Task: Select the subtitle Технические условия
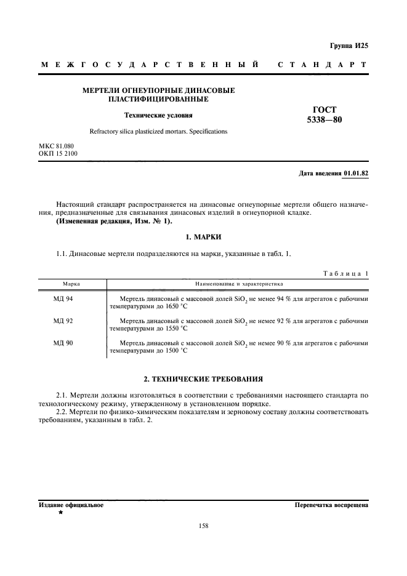coord(159,114)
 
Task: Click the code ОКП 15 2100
coord(58,153)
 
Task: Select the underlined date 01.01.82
coord(355,174)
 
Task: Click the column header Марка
coord(71,284)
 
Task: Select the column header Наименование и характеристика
coord(238,284)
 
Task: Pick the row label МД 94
coord(63,298)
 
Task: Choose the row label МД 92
coord(63,321)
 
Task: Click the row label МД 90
coord(63,343)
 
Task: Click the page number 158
coord(203,526)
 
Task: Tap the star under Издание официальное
coord(60,513)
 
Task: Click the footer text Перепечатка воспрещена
coord(331,505)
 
